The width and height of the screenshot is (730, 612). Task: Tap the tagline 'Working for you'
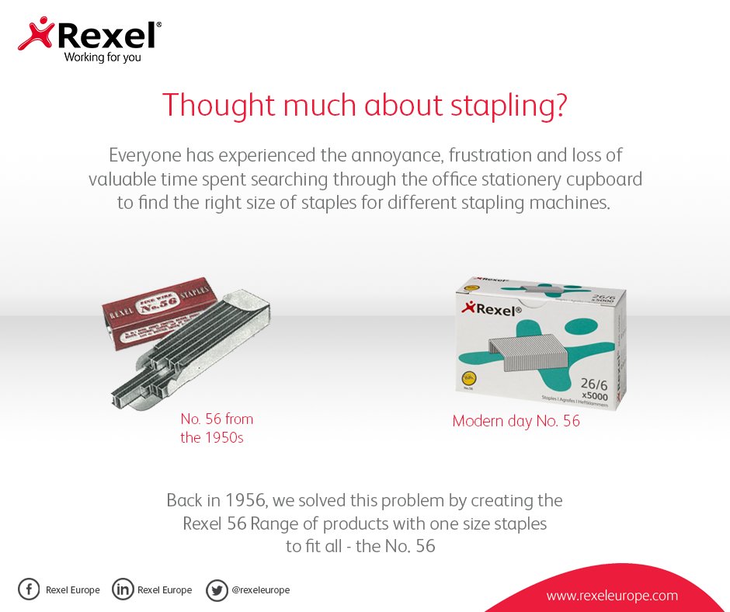103,57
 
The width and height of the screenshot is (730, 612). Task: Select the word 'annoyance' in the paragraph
387,155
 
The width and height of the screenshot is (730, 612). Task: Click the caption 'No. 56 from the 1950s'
217,428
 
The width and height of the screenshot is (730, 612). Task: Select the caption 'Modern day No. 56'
516,422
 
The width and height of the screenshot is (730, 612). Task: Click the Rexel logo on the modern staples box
492,310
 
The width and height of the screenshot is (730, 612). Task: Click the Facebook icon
29,589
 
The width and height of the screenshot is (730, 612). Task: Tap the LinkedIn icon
123,589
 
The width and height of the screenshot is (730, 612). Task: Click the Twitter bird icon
217,590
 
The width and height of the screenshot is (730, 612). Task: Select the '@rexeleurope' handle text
260,590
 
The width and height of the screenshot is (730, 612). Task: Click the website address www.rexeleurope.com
612,596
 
